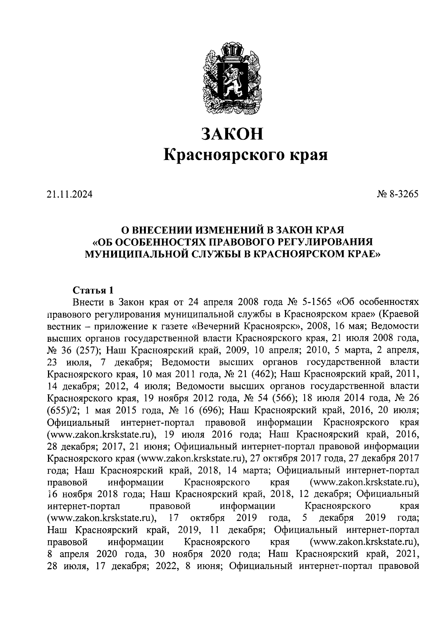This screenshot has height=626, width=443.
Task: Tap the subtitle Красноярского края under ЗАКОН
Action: click(x=246, y=155)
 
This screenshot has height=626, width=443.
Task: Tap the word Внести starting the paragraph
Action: click(x=88, y=302)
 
